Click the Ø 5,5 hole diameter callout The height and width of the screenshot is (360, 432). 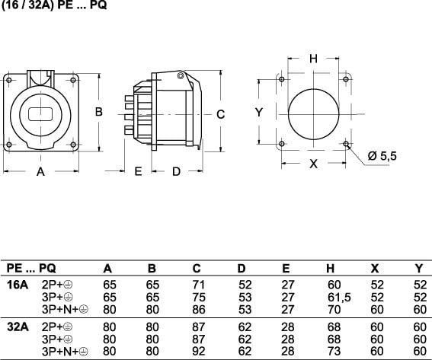pyautogui.click(x=382, y=156)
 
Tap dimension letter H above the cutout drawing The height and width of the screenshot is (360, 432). pyautogui.click(x=314, y=59)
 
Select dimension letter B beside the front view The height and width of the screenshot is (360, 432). pyautogui.click(x=98, y=112)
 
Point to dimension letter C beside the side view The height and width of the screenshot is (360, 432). pyautogui.click(x=220, y=114)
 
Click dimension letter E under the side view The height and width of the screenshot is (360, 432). pyautogui.click(x=138, y=171)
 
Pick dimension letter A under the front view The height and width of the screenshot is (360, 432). pyautogui.click(x=40, y=171)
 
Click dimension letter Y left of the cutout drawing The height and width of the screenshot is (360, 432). pyautogui.click(x=259, y=113)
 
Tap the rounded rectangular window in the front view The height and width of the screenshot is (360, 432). pyautogui.click(x=40, y=114)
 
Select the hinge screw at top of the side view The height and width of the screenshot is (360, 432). pyautogui.click(x=180, y=75)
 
